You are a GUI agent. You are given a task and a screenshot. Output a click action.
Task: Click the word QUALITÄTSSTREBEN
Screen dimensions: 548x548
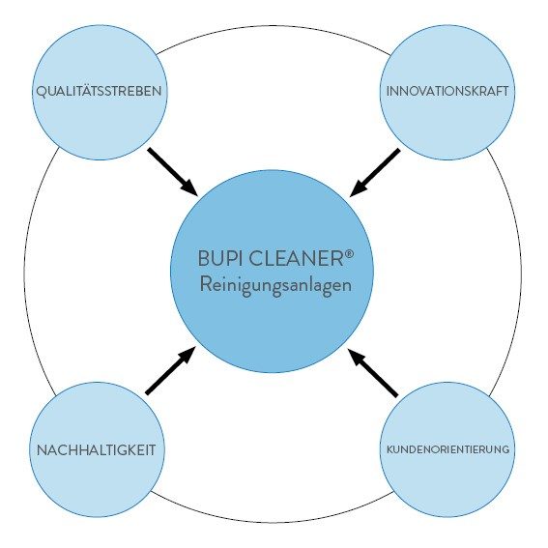[x=99, y=91]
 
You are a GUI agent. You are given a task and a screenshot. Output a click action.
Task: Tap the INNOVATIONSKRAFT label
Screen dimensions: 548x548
[x=447, y=91]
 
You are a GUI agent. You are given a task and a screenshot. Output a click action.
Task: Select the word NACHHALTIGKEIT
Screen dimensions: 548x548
[x=96, y=450]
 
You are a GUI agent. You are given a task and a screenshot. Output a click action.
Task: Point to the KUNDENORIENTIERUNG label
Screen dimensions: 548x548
[x=448, y=449]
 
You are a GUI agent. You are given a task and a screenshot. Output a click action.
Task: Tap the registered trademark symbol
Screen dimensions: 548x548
[x=349, y=254]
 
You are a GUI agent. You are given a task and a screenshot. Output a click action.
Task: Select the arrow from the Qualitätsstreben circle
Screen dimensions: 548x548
[x=173, y=172]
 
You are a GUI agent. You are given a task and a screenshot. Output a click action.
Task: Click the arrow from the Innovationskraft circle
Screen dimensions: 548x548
[x=375, y=173]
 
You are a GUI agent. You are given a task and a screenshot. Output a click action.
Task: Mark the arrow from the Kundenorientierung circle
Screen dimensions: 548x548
[x=373, y=372]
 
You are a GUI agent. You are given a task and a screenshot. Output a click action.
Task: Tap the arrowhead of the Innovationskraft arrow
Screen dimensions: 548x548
[x=358, y=189]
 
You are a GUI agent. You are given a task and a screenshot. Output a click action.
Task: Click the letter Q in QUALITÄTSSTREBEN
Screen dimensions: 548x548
[x=42, y=92]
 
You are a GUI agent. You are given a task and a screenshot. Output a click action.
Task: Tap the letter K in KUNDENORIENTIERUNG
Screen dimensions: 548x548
[x=390, y=449]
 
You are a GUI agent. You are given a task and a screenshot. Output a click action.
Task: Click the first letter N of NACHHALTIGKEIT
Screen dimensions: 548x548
[x=43, y=450]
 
